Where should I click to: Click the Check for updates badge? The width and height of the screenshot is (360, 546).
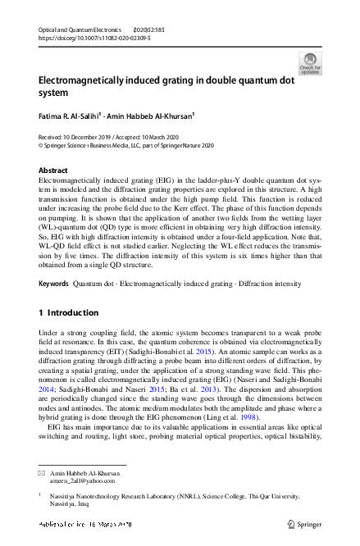pyautogui.click(x=311, y=62)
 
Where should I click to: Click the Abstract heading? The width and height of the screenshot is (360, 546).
pyautogui.click(x=53, y=170)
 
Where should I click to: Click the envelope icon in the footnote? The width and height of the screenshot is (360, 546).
pyautogui.click(x=43, y=475)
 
